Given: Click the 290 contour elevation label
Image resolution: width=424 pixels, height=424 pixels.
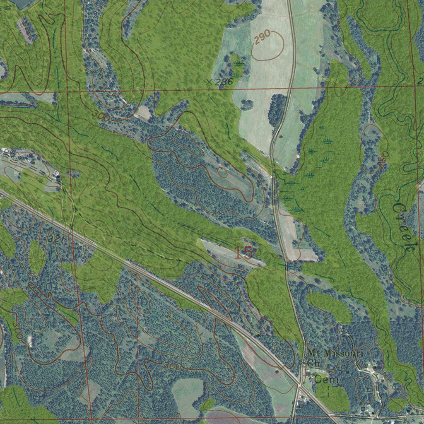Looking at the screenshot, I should point(262,37).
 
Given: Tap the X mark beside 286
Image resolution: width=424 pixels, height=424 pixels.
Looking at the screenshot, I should point(210,82).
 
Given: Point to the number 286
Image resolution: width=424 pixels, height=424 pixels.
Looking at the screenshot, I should point(224,82).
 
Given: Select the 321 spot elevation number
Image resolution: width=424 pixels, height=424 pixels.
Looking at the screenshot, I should point(54,239).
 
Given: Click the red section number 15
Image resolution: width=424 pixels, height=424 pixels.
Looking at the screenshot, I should point(243,253).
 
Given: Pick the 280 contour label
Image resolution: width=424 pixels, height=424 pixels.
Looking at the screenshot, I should point(383,159).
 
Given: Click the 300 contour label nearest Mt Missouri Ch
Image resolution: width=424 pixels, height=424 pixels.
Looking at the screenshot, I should point(172,366).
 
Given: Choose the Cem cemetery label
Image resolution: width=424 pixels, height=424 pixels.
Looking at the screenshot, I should point(326,379).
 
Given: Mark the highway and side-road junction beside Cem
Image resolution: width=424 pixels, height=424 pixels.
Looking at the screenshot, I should point(300,384).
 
